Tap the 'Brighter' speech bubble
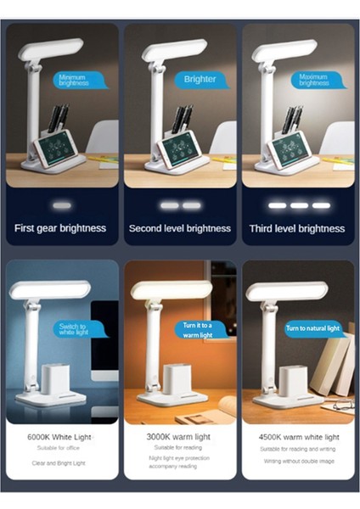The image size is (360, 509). (200, 79)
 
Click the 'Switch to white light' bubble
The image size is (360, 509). (73, 329)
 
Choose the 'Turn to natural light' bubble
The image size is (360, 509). (311, 328)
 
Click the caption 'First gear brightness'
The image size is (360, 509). (60, 228)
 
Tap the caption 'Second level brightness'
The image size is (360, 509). (180, 228)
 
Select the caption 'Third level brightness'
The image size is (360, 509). (297, 228)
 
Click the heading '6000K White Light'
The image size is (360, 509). (60, 436)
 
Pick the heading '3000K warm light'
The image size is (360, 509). (179, 436)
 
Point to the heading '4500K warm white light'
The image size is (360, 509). (297, 436)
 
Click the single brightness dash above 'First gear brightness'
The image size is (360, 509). (60, 205)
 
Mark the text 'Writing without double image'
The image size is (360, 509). (297, 461)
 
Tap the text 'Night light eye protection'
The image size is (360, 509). (179, 459)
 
